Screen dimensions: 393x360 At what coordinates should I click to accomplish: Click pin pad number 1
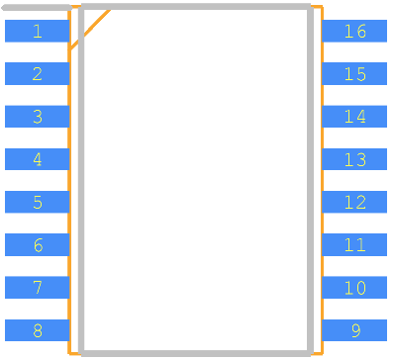[37, 31]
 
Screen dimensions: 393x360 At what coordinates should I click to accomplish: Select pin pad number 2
[37, 73]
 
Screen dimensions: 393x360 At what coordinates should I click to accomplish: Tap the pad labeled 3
[37, 117]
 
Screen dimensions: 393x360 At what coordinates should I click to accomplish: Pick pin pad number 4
[37, 159]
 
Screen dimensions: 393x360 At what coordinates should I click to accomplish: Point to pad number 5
[37, 202]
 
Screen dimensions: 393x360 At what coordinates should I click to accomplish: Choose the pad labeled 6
[37, 244]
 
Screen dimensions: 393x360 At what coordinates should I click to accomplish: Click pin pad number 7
[37, 288]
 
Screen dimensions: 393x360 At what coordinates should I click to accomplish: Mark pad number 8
[37, 330]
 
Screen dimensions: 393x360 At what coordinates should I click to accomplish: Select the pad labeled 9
[354, 330]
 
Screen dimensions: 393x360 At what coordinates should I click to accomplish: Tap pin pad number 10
[354, 288]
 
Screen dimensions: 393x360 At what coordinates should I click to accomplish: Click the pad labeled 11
[354, 244]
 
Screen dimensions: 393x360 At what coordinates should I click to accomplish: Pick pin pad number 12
[354, 202]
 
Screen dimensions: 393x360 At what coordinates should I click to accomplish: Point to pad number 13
[354, 159]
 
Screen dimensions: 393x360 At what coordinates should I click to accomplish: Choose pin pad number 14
[354, 117]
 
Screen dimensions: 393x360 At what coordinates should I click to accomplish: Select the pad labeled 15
[354, 73]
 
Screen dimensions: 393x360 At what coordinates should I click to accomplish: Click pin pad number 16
[354, 31]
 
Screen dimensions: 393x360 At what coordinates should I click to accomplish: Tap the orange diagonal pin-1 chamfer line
[89, 30]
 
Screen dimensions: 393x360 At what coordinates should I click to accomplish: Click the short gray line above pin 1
[37, 8]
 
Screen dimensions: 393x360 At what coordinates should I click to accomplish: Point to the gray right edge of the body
[310, 180]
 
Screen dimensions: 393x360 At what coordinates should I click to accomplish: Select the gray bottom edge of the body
[196, 353]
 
